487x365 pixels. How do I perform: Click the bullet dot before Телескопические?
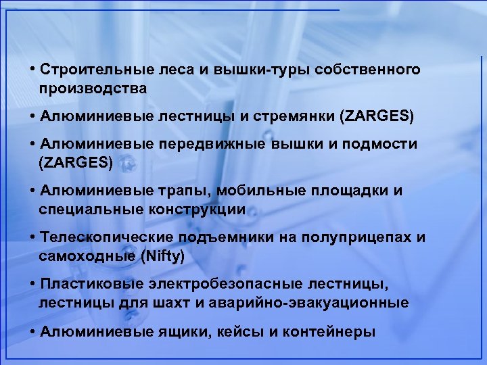[x=33, y=237]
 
